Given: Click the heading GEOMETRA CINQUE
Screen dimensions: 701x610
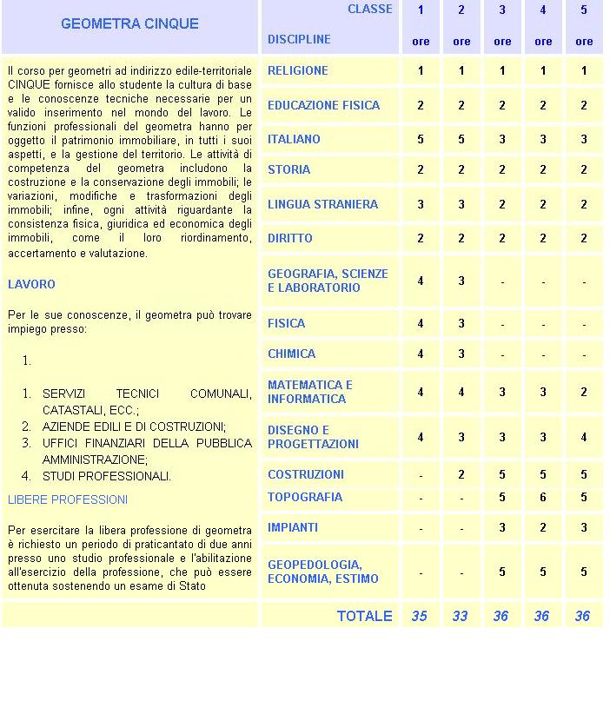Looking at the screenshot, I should (x=129, y=23).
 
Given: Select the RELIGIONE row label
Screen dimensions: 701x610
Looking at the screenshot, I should (x=297, y=70).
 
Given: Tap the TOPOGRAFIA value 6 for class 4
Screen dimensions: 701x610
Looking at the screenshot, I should (x=543, y=497).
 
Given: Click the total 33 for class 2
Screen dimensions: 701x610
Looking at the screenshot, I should (x=460, y=616).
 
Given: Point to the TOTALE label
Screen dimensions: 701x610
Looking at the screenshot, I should (x=364, y=616).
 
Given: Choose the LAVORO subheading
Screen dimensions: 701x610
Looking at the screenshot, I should (x=31, y=284).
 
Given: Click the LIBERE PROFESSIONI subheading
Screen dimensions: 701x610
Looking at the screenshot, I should (x=68, y=499).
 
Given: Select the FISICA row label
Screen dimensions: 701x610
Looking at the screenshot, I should (x=286, y=323).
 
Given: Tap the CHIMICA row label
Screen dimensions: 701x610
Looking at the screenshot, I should (x=291, y=354).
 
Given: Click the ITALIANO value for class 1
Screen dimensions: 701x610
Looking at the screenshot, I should (x=421, y=139).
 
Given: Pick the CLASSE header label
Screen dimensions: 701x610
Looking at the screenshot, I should (x=369, y=10).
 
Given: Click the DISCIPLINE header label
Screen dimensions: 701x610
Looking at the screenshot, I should (x=299, y=39).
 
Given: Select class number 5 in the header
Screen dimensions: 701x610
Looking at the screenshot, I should (x=584, y=10).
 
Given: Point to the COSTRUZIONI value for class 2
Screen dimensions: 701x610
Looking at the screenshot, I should (x=461, y=474).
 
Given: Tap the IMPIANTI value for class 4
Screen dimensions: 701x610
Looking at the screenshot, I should (x=543, y=527).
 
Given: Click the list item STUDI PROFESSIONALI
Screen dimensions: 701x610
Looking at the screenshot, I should (x=106, y=476).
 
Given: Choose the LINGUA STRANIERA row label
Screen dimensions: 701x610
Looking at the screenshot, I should (x=322, y=204).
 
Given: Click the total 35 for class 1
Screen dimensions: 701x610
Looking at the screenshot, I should (x=420, y=616).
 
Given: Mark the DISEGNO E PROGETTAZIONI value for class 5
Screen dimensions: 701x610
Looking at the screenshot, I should (x=584, y=437).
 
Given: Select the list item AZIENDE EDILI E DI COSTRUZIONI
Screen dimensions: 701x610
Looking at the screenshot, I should (x=134, y=427).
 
